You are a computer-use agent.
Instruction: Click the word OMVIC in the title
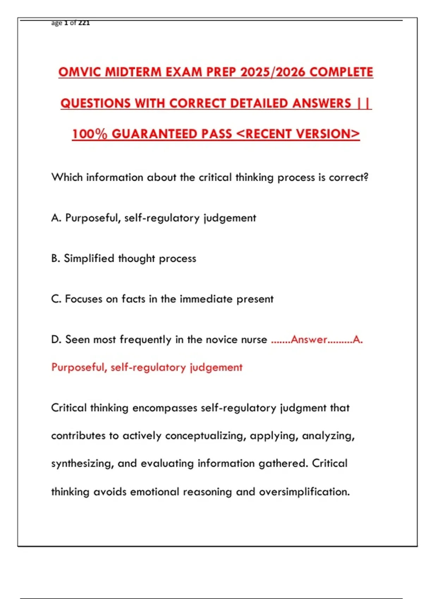click(x=80, y=72)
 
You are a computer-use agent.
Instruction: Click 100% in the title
click(x=90, y=134)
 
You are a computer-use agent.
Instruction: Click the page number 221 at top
click(x=84, y=23)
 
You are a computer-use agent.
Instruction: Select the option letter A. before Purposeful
click(x=56, y=218)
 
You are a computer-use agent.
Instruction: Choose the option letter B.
click(x=55, y=259)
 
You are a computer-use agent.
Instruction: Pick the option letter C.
click(x=56, y=299)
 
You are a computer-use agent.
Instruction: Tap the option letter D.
click(x=56, y=340)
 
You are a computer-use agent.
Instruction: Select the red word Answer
click(x=309, y=340)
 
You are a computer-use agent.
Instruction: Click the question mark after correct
click(x=366, y=177)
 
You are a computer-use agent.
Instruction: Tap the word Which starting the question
click(x=67, y=177)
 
